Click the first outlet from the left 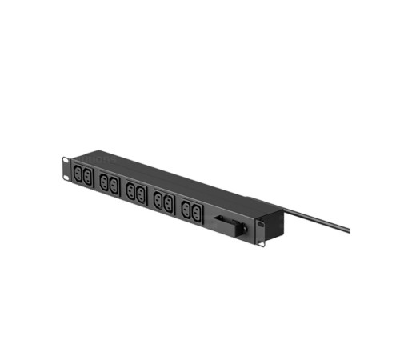click(77, 174)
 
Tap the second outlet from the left click(86, 178)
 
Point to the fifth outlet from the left click(130, 192)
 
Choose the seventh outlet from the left click(158, 200)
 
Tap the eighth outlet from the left click(169, 204)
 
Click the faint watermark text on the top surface click(102, 158)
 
